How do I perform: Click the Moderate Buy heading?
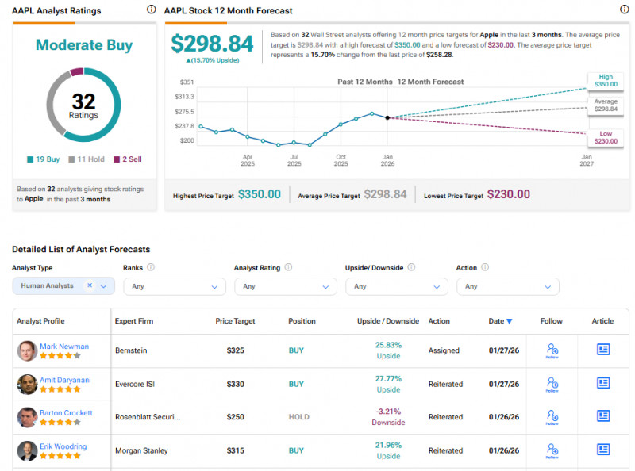coord(83,45)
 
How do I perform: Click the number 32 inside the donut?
coord(83,101)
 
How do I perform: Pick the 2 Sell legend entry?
coord(127,159)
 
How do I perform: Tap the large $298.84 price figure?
coord(212,44)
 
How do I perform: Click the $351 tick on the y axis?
coord(186,82)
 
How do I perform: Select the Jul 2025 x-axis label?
coord(294,160)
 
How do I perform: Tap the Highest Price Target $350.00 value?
coord(259,194)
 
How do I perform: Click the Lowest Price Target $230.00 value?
coord(508,194)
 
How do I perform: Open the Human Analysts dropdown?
coord(63,286)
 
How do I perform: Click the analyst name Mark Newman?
coord(64,347)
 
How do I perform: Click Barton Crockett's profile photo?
coord(27,417)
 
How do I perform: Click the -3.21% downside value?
coord(388,412)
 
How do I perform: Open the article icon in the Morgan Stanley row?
coord(602,450)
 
